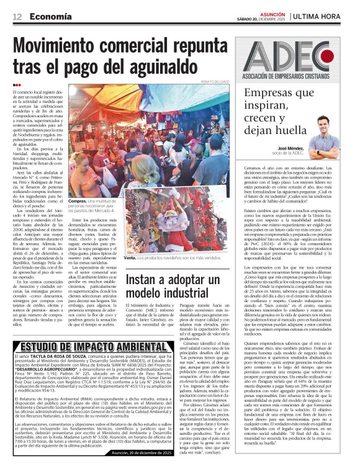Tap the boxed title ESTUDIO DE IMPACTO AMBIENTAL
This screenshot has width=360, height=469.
(x=84, y=346)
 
